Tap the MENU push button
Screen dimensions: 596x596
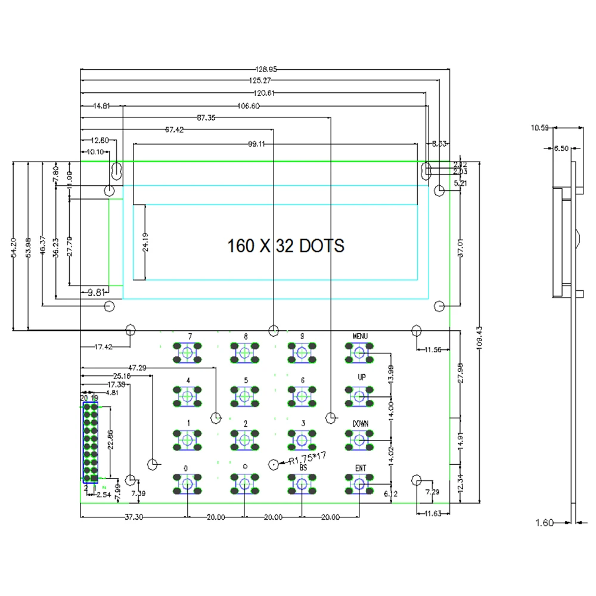[359, 353]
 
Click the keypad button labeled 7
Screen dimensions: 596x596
[188, 353]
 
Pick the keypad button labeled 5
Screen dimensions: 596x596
[245, 396]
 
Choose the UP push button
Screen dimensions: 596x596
[359, 396]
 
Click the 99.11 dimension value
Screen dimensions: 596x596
[257, 144]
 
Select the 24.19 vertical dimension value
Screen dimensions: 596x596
[146, 243]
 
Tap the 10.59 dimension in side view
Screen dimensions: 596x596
[541, 127]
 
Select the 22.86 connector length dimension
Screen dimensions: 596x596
[110, 441]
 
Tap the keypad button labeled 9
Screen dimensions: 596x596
[302, 353]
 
